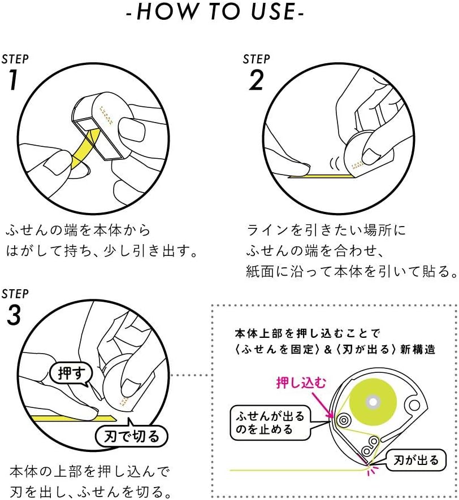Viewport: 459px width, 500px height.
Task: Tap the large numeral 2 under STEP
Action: (x=256, y=81)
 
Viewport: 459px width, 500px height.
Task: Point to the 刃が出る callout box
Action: (x=415, y=460)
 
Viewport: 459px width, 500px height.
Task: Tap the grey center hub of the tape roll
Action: (x=373, y=401)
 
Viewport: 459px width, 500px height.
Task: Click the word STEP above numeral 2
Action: (x=256, y=59)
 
